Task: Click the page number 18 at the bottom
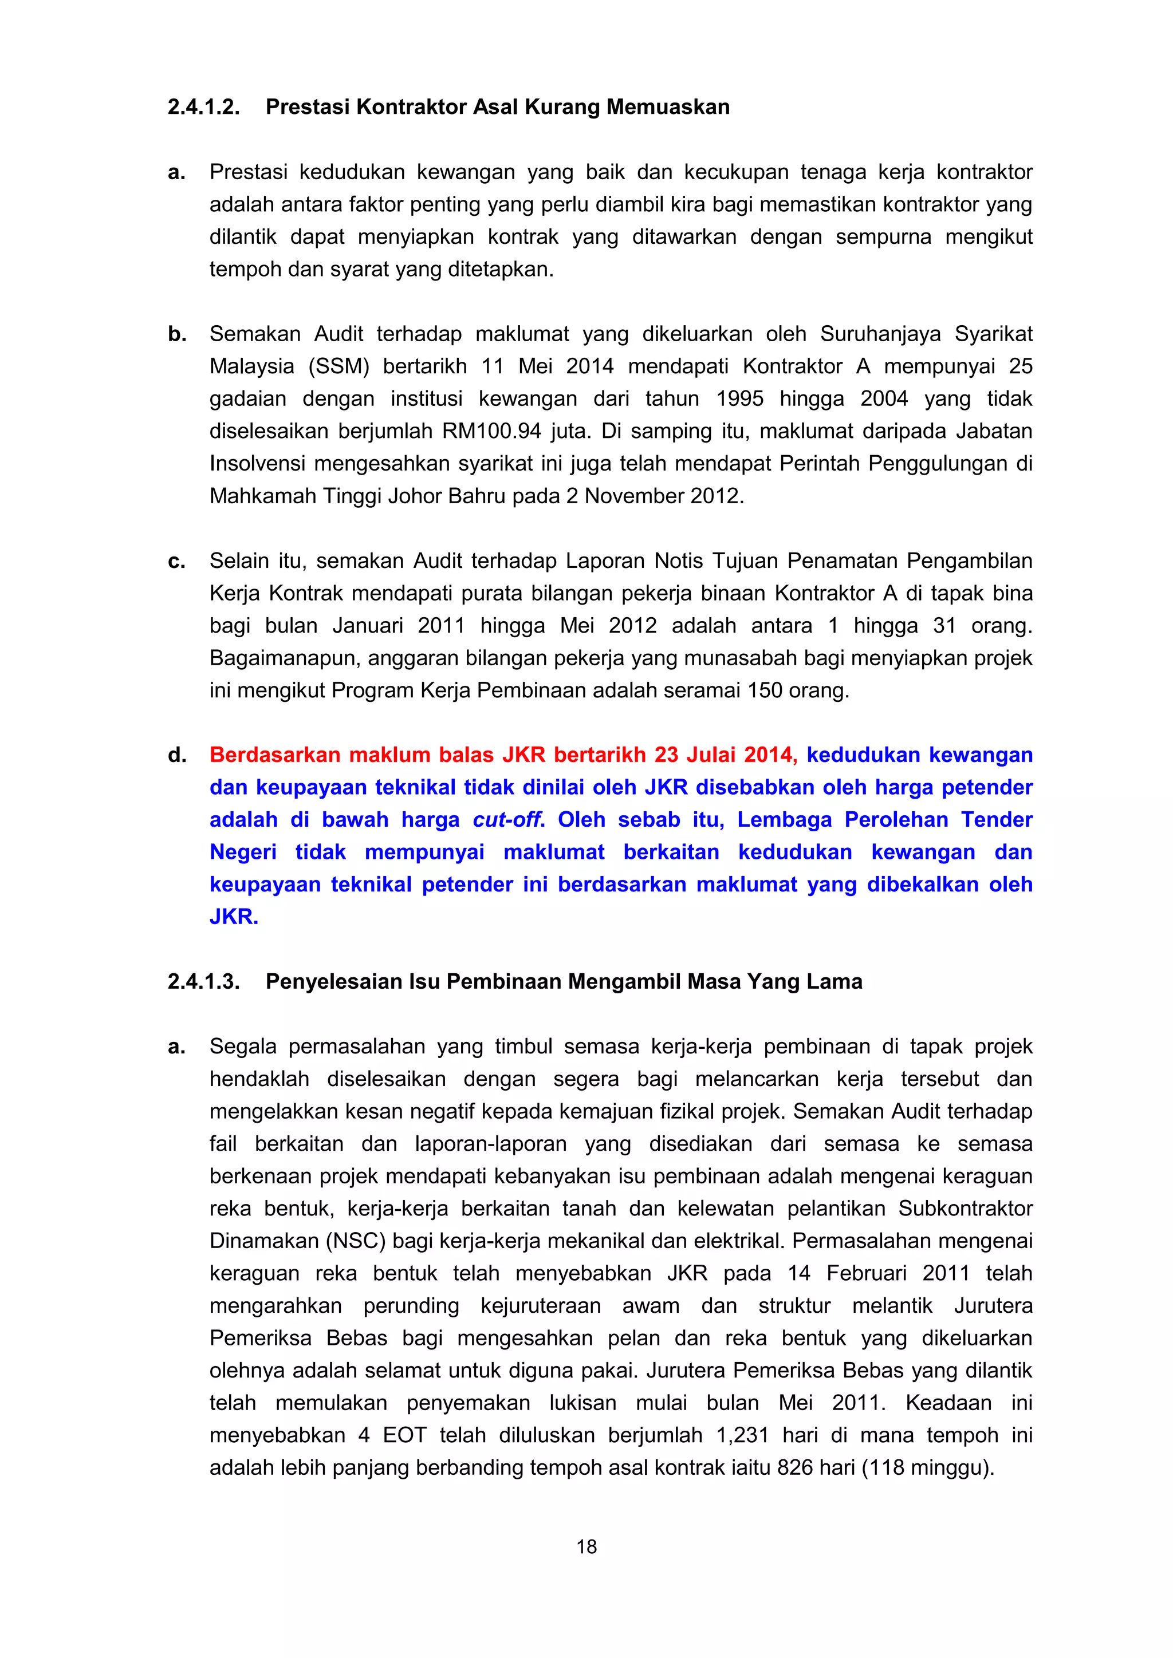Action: (586, 1546)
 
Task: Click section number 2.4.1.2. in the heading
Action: (204, 107)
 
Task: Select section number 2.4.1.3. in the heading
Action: (204, 981)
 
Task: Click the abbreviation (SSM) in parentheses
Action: (338, 366)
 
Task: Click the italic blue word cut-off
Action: (509, 820)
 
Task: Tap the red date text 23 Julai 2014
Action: (725, 755)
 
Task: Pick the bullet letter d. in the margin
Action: (177, 755)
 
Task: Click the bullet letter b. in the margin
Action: (177, 334)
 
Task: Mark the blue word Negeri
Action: (243, 852)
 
